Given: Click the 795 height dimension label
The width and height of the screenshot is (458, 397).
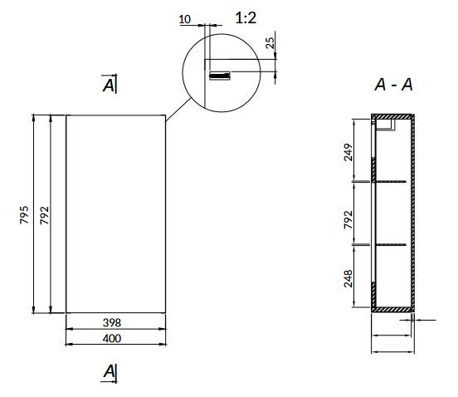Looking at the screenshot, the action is [25, 215].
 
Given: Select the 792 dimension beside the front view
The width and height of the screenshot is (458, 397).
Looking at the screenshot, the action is [45, 215].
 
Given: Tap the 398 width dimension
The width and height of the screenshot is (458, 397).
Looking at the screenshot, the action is [112, 323].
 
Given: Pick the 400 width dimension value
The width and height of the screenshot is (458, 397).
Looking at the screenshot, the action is [112, 339].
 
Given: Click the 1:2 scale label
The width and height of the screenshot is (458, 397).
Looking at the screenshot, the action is [246, 18].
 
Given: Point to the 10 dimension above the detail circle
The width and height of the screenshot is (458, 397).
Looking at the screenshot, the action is [184, 20].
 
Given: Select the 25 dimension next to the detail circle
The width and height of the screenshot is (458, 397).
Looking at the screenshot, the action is [270, 43].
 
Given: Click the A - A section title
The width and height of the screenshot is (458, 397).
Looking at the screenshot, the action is [393, 85].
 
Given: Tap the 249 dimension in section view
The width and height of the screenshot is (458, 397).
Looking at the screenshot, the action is [348, 152].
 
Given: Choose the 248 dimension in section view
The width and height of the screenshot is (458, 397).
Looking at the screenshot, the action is [348, 278].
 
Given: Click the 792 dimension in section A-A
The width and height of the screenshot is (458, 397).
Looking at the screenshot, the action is [348, 220].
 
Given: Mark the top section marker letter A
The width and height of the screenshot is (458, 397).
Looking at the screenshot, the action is [109, 86].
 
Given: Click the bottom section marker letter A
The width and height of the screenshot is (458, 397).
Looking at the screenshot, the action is [110, 371].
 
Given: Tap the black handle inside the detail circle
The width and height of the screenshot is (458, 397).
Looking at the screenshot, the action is [220, 76].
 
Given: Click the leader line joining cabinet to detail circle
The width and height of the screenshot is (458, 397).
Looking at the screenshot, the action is [178, 110].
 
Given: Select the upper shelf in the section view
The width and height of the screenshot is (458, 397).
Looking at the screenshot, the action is [391, 182].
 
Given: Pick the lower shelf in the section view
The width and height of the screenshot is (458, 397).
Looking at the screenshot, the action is [391, 244].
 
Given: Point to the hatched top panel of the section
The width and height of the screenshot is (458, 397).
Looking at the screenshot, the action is [392, 116].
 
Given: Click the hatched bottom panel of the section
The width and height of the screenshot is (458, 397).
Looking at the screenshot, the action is [392, 309].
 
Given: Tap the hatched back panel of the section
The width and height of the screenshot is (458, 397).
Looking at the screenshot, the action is [412, 213].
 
